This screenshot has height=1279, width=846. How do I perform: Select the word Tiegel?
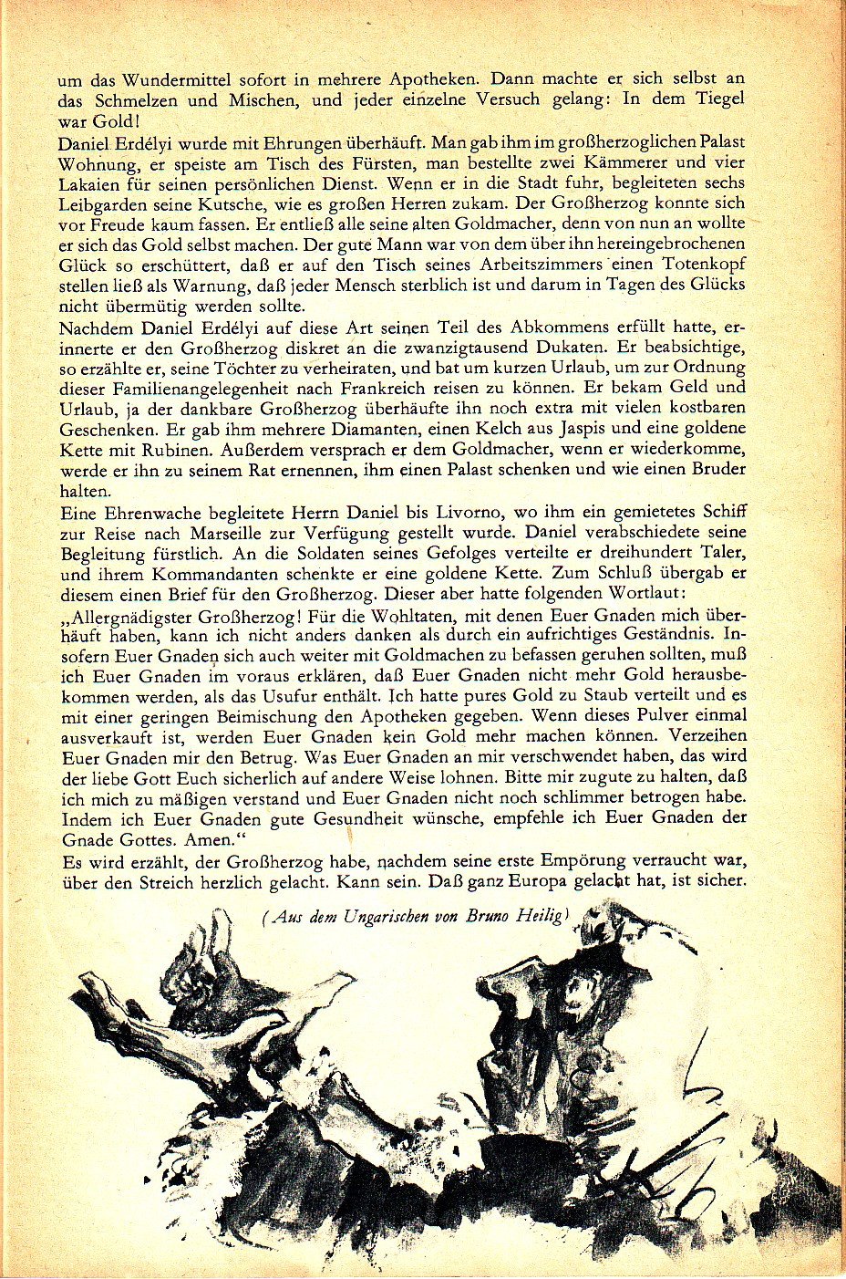[716, 99]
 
